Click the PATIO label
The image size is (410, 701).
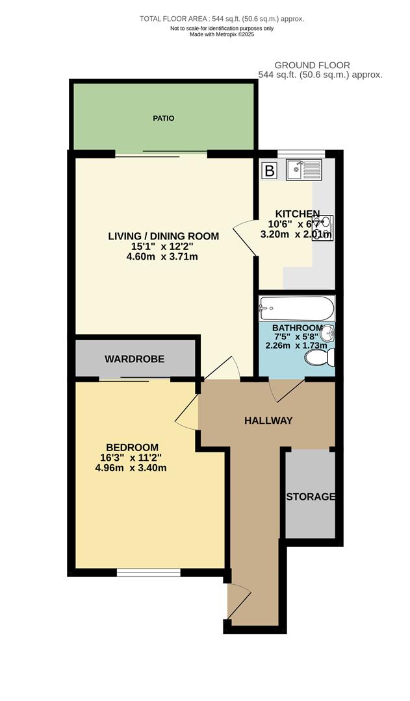pos(164,118)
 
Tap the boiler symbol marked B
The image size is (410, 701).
pos(268,171)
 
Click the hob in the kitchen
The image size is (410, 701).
pos(323,228)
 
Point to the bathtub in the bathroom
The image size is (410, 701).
pos(296,308)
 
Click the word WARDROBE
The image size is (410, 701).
pos(135,358)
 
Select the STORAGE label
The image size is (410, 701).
pos(311,497)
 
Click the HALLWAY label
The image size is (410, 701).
pos(268,421)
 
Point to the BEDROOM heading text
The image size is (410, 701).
pos(133,447)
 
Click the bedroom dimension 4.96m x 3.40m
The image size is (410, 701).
pos(131,467)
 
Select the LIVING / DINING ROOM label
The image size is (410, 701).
pos(163,236)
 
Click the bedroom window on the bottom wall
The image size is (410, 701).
pos(148,572)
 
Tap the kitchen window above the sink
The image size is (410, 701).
pos(300,154)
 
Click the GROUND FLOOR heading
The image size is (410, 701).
pos(312,65)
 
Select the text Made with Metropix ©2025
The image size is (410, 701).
pos(222,34)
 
